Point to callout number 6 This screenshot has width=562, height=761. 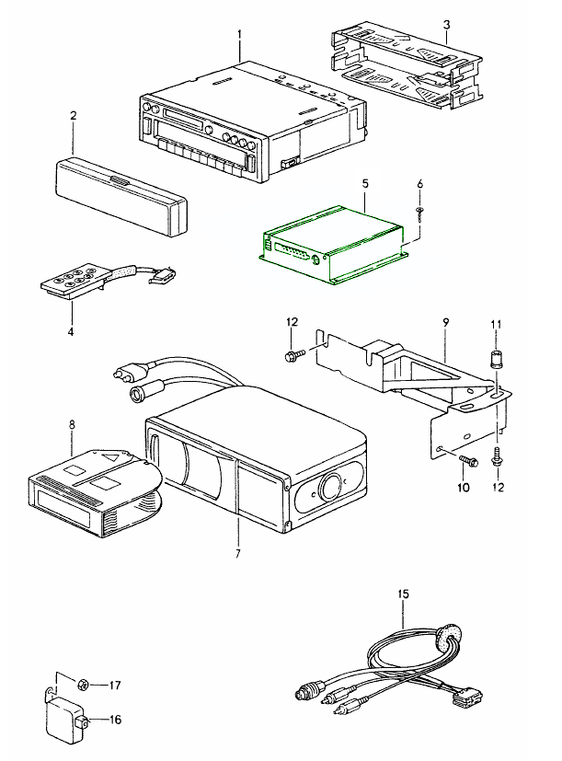click(x=419, y=185)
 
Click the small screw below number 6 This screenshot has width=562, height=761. click(x=419, y=212)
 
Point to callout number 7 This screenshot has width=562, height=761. click(x=238, y=553)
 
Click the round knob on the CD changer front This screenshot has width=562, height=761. click(x=328, y=488)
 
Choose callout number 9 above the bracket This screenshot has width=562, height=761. click(x=444, y=323)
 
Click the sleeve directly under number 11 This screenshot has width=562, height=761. click(x=496, y=356)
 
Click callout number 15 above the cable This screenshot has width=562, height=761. click(x=402, y=595)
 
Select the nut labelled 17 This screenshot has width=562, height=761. click(x=82, y=684)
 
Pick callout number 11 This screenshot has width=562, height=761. click(x=496, y=324)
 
